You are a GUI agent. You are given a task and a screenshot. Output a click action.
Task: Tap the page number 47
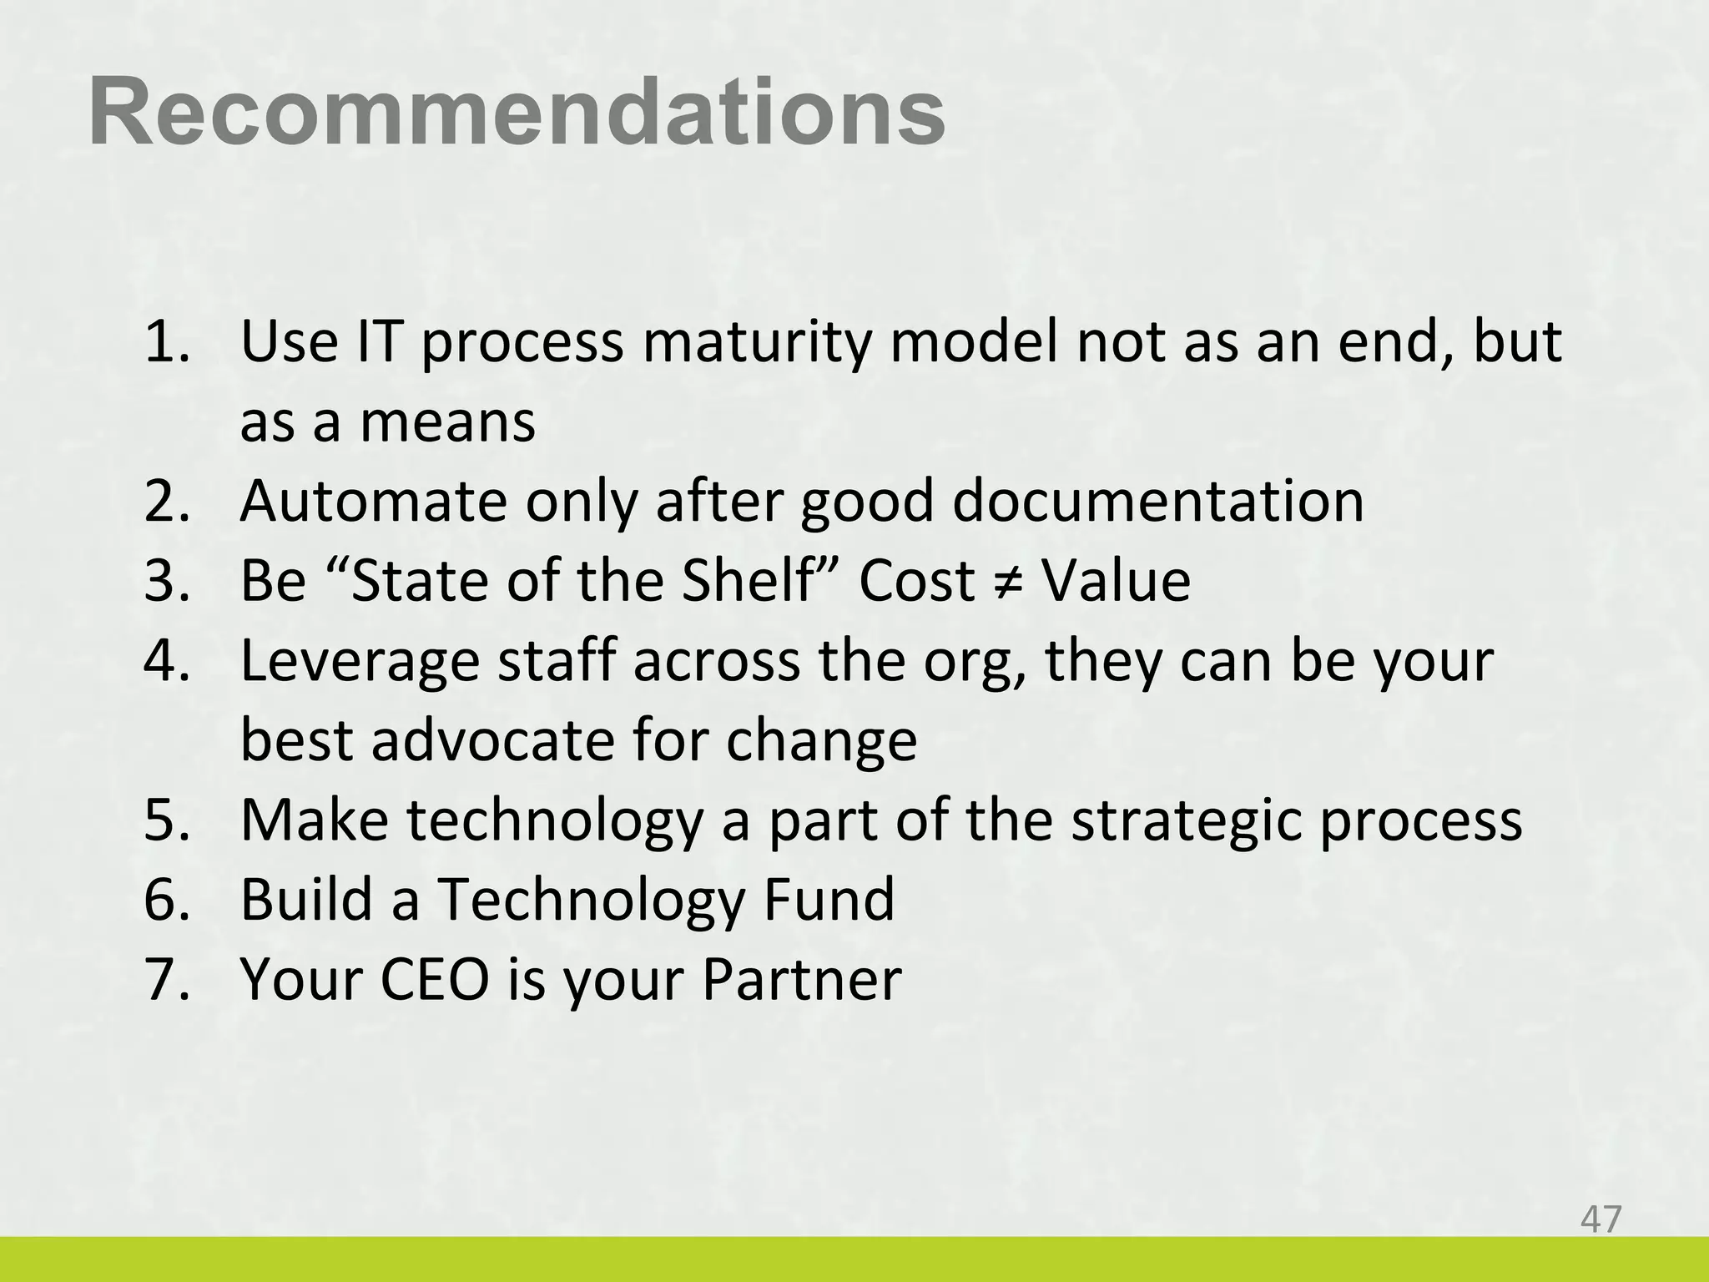point(1601,1219)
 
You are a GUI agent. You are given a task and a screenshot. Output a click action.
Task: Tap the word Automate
point(373,502)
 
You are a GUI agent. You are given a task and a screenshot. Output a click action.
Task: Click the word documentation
point(1157,502)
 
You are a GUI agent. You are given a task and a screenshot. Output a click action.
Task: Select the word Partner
point(801,979)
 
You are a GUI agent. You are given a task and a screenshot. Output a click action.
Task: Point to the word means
point(447,422)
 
